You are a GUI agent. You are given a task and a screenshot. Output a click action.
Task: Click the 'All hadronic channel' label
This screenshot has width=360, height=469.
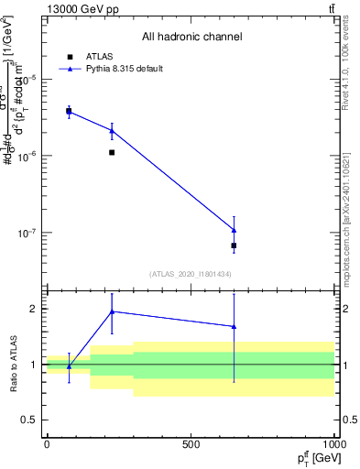pos(191,38)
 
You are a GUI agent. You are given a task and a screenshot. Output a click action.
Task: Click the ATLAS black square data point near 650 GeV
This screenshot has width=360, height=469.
pos(235,245)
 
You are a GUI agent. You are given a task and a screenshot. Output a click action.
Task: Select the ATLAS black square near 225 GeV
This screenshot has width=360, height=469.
pos(112,152)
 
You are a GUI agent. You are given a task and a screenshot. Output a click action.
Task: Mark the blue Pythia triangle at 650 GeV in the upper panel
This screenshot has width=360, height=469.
pos(235,230)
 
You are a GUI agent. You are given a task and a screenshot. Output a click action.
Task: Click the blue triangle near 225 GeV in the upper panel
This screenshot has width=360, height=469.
pos(112,131)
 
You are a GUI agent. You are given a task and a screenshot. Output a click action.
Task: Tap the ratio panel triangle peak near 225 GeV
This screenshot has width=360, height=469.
pos(112,311)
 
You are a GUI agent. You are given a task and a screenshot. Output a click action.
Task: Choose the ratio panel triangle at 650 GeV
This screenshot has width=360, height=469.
pos(235,326)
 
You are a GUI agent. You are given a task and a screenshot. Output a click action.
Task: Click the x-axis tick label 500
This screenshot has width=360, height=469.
pos(191,444)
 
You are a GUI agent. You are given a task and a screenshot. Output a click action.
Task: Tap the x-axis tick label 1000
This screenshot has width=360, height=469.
pos(333,444)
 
